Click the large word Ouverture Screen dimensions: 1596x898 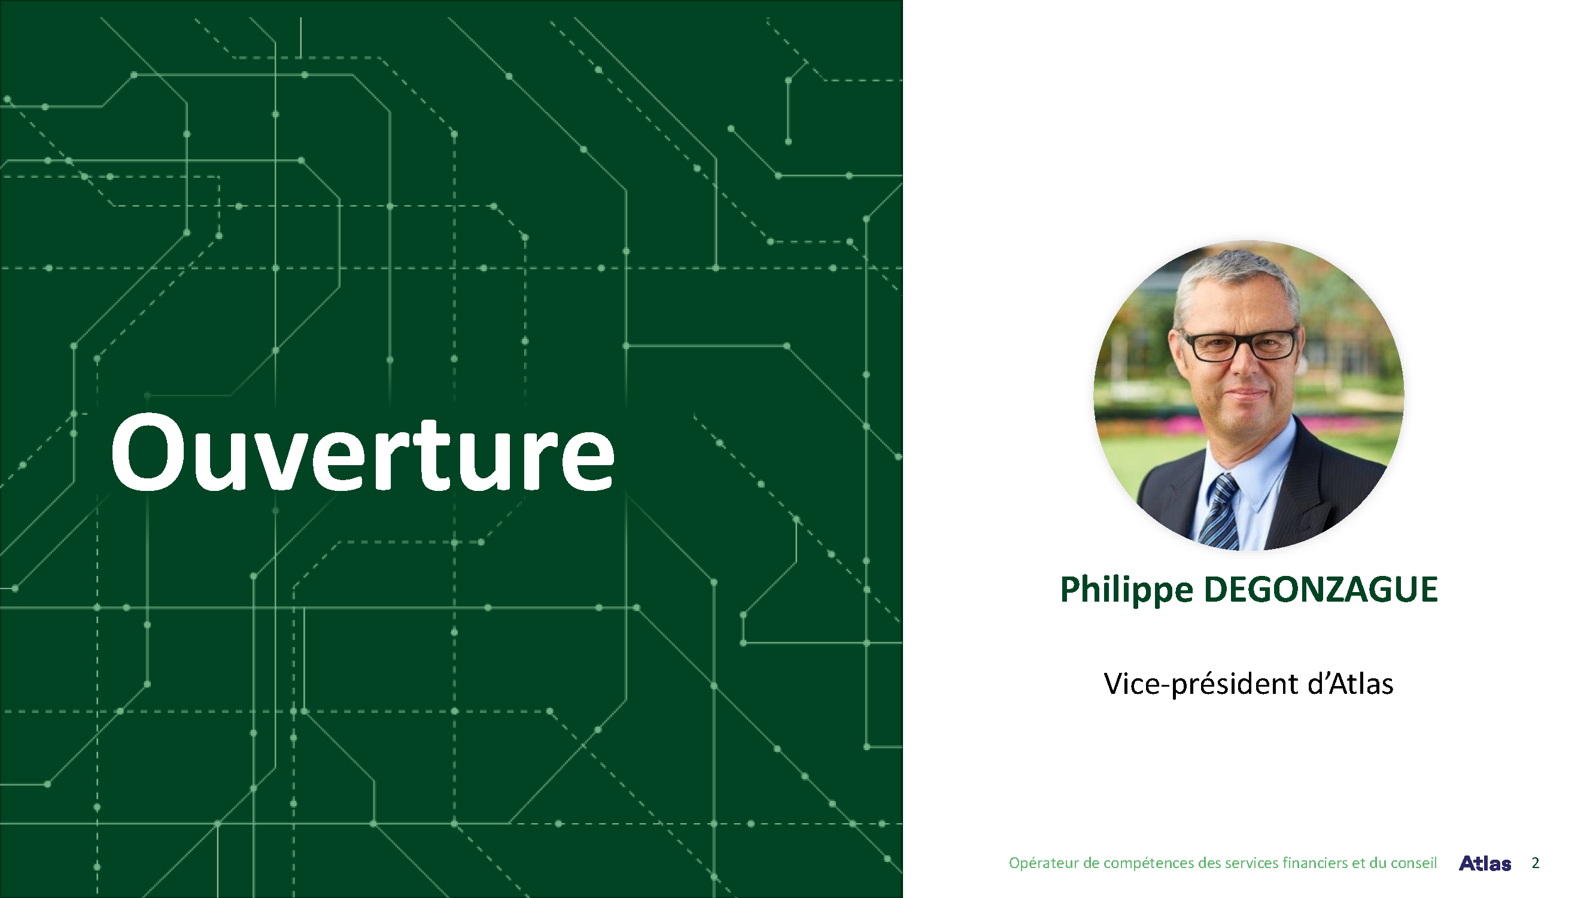(363, 453)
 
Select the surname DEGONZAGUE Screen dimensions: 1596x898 (1320, 588)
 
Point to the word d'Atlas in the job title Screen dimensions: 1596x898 (1351, 684)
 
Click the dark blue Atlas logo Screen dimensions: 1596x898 (1485, 863)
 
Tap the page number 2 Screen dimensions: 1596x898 (1535, 863)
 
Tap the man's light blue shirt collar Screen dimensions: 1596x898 (1245, 459)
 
